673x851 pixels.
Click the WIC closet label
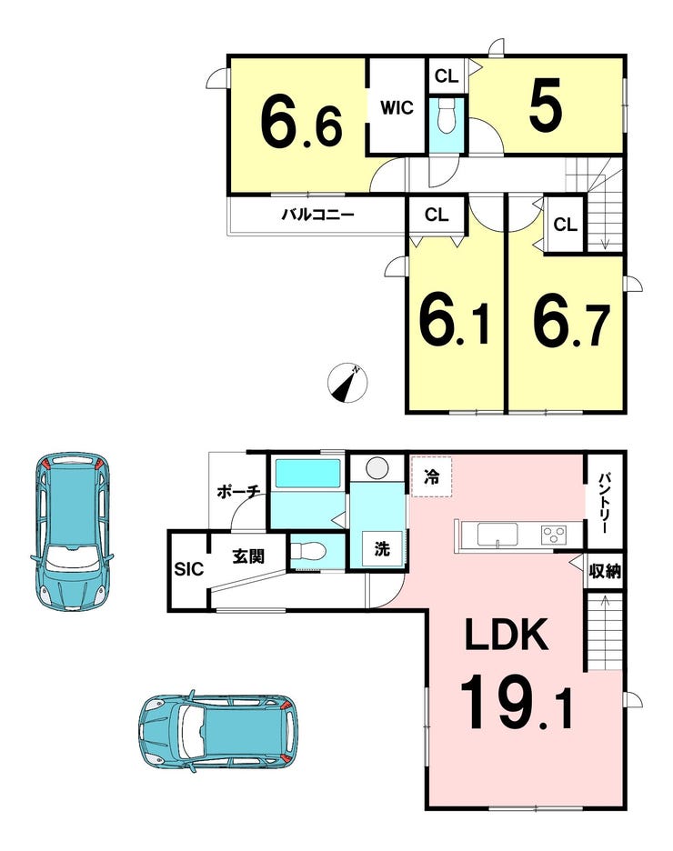pyautogui.click(x=397, y=107)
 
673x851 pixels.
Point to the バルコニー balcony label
pyautogui.click(x=317, y=215)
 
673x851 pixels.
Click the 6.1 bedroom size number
pyautogui.click(x=455, y=324)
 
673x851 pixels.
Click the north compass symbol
pyautogui.click(x=347, y=383)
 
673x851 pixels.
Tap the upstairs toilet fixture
pyautogui.click(x=447, y=115)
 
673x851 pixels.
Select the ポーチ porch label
pyautogui.click(x=238, y=492)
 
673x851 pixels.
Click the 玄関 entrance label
pyautogui.click(x=248, y=556)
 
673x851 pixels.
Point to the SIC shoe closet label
pyautogui.click(x=189, y=569)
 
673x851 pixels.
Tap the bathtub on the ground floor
pyautogui.click(x=307, y=474)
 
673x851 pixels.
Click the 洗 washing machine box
pyautogui.click(x=382, y=548)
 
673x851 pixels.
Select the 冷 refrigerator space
pyautogui.click(x=431, y=477)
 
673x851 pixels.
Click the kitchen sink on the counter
pyautogui.click(x=497, y=535)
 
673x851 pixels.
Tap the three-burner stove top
pyautogui.click(x=554, y=535)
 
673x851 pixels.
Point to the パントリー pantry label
pyautogui.click(x=605, y=503)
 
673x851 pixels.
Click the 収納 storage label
pyautogui.click(x=605, y=571)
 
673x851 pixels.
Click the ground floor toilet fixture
pyautogui.click(x=307, y=551)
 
